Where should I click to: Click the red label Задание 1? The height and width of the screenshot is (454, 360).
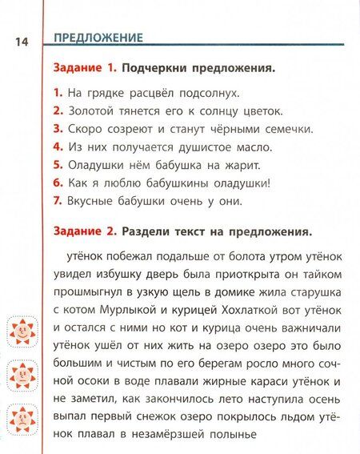click(84, 69)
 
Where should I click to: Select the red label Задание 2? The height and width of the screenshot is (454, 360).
click(84, 232)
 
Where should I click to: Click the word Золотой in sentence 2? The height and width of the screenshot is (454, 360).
click(87, 111)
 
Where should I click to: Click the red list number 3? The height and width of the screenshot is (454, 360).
click(58, 130)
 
